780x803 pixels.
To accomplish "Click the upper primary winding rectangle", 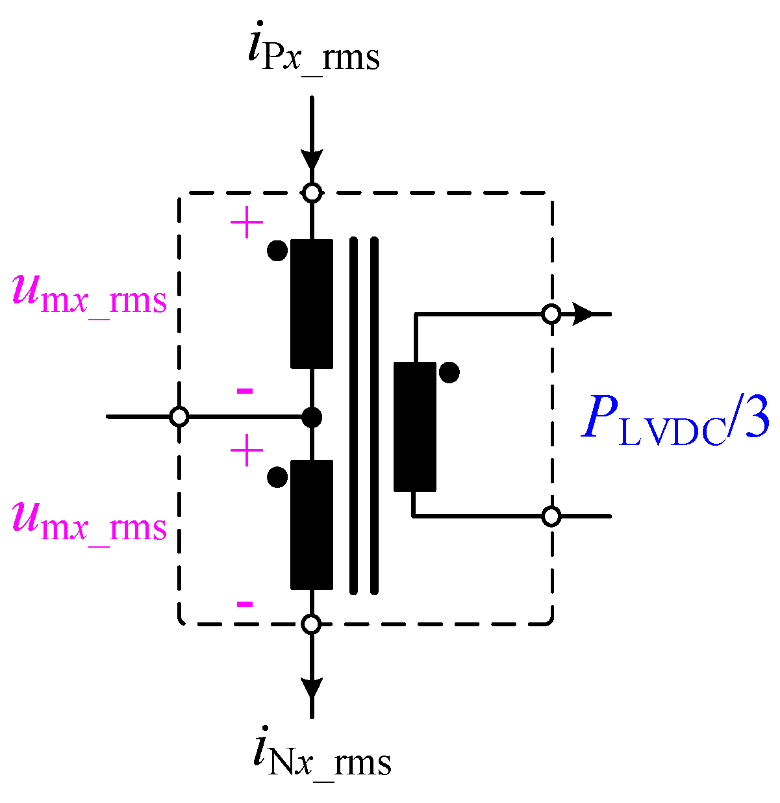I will [x=312, y=304].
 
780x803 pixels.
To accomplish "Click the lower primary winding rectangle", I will [x=312, y=524].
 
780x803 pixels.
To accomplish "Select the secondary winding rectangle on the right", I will [x=415, y=426].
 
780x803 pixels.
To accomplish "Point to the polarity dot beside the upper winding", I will [x=277, y=251].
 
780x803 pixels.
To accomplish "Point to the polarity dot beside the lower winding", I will [x=277, y=478].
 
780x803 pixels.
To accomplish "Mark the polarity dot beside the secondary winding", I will [x=449, y=373].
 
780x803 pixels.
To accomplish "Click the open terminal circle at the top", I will [x=312, y=192].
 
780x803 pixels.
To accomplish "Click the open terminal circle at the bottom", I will [x=312, y=624].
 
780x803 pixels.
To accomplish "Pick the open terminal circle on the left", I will [x=179, y=416].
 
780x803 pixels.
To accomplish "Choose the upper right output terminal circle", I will [x=551, y=314].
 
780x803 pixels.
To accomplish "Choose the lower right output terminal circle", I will [x=551, y=516].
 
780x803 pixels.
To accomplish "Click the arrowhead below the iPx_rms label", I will [x=312, y=160].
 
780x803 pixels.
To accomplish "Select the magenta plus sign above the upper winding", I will [x=247, y=225].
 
